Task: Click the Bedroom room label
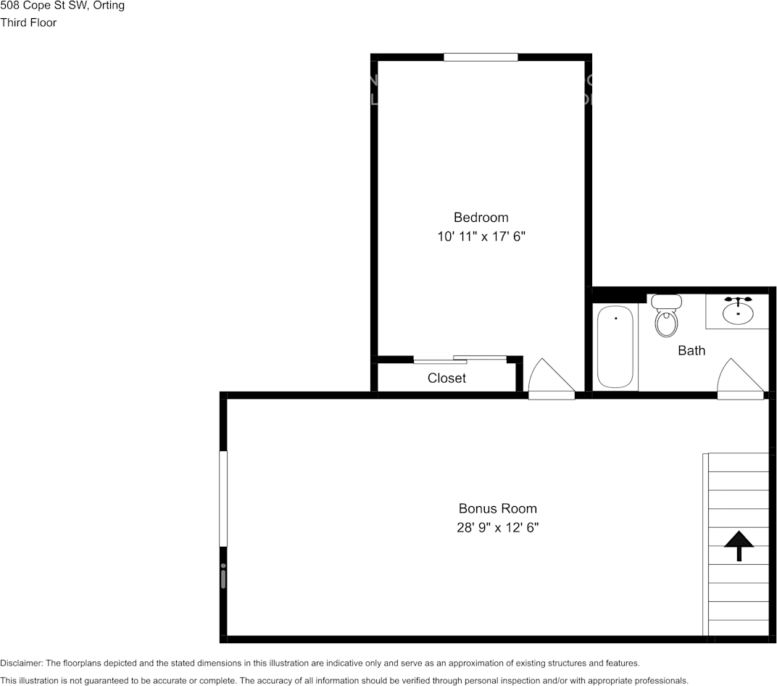click(x=481, y=218)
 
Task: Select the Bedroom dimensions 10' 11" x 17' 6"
click(x=481, y=237)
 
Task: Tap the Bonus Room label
click(x=497, y=509)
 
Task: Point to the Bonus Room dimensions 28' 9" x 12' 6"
click(x=497, y=529)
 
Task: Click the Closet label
click(x=446, y=379)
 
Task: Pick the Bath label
click(x=691, y=351)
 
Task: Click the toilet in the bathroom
click(x=666, y=316)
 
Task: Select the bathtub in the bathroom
click(x=615, y=348)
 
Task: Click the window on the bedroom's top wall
click(x=481, y=57)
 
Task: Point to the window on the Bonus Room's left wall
click(x=223, y=499)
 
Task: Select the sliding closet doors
click(x=460, y=360)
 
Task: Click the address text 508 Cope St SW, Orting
click(x=62, y=6)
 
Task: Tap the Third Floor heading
click(x=28, y=22)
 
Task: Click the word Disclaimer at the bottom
click(x=21, y=664)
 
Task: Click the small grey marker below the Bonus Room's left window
click(x=223, y=577)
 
